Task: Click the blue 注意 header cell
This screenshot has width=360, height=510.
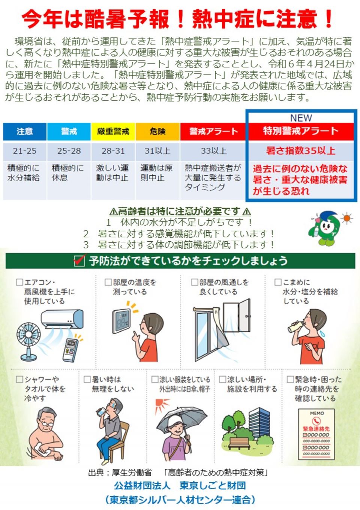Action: [x=25, y=132]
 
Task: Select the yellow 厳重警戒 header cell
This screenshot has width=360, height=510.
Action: [x=113, y=132]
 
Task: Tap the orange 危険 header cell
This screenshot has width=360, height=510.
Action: [x=157, y=132]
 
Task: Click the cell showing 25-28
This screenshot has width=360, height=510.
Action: [x=69, y=151]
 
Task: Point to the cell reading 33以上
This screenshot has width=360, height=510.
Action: [x=213, y=151]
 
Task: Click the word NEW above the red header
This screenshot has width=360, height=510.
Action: [x=301, y=118]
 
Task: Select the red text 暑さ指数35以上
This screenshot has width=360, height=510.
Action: [x=301, y=151]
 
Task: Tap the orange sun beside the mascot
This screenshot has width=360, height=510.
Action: [x=347, y=218]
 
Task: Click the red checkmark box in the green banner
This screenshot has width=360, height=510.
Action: [x=79, y=260]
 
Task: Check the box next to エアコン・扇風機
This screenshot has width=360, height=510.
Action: [x=19, y=282]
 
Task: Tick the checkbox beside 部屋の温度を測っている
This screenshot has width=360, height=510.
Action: [x=108, y=282]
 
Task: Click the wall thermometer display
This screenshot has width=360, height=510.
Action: [x=121, y=321]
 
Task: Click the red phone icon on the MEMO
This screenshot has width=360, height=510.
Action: [x=316, y=421]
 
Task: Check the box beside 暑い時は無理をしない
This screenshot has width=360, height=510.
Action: [x=87, y=379]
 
